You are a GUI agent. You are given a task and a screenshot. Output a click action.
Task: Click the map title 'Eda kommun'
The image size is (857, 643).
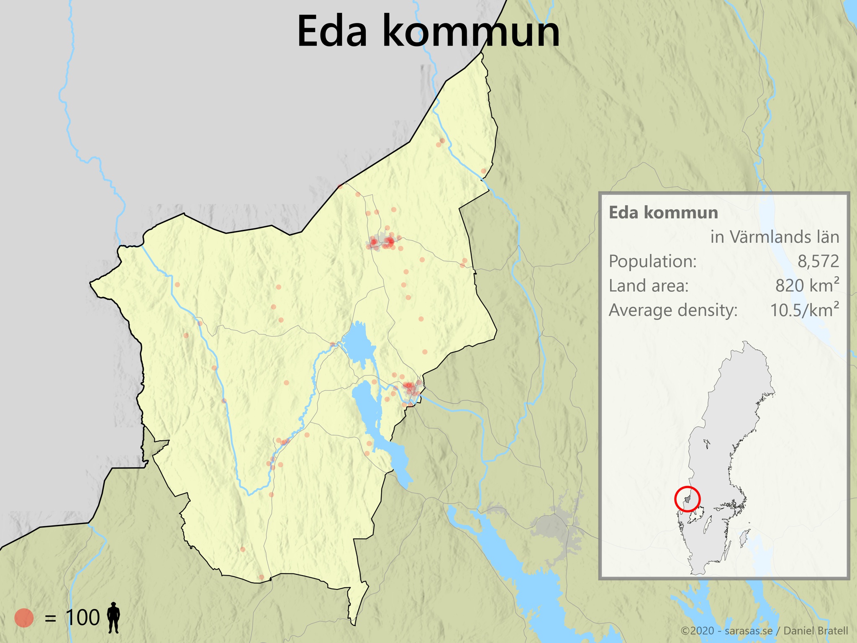point(428,32)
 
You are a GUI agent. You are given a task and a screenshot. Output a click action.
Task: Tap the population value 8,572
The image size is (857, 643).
point(818,261)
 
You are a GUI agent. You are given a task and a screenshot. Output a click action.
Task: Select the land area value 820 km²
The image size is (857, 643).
point(807,285)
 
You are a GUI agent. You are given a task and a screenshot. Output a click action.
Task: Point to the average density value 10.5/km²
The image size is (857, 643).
point(804,310)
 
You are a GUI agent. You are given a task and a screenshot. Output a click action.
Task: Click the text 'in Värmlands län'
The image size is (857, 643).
point(775,237)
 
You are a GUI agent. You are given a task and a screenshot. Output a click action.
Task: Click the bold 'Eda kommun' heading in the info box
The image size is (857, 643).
point(663,213)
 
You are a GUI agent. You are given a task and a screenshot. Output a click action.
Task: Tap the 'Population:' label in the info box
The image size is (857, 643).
point(652,261)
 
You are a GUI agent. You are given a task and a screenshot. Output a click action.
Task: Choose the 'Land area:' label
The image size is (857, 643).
point(648,285)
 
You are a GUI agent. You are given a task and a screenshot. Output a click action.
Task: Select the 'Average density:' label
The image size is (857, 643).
point(673,310)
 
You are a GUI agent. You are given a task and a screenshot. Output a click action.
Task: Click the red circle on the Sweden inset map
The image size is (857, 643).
point(687,499)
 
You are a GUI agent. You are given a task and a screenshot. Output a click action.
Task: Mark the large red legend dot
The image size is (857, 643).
point(24,617)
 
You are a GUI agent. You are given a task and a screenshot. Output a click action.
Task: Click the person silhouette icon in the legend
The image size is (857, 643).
point(113,617)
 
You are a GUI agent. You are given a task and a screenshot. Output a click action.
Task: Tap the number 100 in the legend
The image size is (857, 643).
point(83,617)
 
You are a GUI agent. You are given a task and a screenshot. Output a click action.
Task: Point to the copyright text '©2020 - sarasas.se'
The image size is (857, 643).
point(726,630)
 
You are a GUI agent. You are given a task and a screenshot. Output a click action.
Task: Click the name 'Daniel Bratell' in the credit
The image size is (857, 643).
point(816,630)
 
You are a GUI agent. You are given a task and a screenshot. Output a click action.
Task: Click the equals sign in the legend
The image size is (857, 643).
point(50,618)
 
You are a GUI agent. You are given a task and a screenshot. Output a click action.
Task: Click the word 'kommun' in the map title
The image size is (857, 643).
point(471,32)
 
